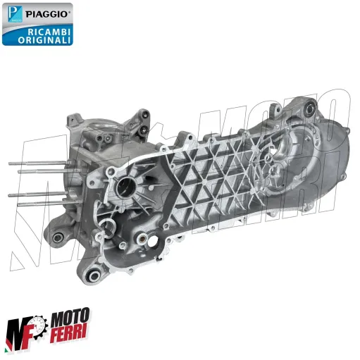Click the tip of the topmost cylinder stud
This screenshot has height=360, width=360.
tap(11, 164)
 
